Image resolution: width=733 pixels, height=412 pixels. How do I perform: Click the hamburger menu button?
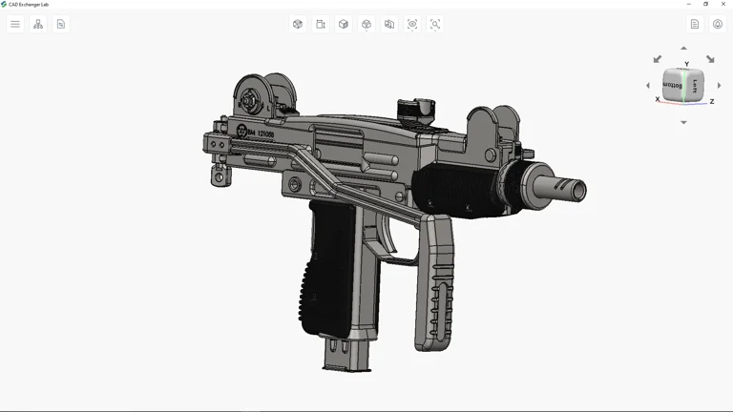pos(15,24)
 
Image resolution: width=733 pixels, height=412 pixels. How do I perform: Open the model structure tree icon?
pos(38,24)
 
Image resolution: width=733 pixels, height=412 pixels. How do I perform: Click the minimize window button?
pos(689,4)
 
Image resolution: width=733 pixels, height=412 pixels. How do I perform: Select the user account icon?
pos(718,24)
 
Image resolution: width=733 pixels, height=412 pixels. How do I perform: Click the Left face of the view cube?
pos(695,85)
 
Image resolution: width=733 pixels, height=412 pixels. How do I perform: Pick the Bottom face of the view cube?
pos(674,86)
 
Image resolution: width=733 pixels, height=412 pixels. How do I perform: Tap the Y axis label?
pos(686,64)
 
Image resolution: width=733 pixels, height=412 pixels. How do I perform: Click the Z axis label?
pos(712,101)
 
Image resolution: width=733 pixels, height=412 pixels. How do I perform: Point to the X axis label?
pos(658,99)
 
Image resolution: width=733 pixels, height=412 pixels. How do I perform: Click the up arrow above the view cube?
pos(683,48)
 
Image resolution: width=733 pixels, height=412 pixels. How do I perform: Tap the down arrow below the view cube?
pos(683,122)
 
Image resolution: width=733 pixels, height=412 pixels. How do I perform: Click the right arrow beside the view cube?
pos(719,86)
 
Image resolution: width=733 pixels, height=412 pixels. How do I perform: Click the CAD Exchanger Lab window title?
pos(29,4)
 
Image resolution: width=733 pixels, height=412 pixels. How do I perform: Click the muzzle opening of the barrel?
pos(578,191)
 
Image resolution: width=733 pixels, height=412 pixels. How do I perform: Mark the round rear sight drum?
pos(251,98)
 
